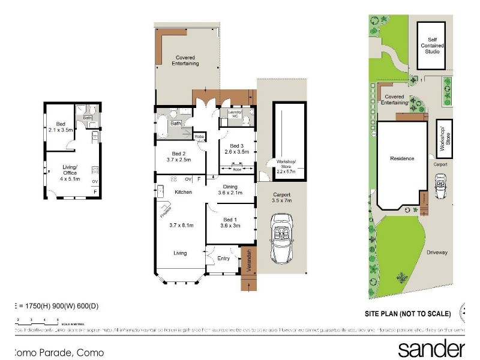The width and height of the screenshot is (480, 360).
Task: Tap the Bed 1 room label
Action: click(231, 220)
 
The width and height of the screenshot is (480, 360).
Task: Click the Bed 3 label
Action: click(236, 146)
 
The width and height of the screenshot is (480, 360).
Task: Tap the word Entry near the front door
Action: click(223, 259)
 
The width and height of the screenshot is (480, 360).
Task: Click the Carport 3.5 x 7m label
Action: click(281, 197)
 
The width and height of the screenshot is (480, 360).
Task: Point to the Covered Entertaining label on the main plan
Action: click(185, 60)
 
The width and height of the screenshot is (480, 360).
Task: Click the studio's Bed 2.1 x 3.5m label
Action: click(60, 126)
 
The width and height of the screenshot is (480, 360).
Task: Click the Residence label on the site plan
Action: click(402, 158)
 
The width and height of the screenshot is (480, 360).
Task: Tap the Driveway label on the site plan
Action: click(437, 253)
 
